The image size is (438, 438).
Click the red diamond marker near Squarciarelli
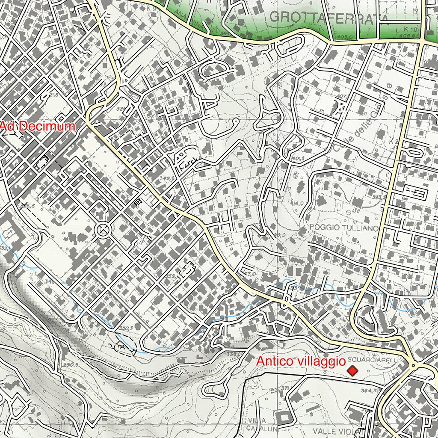pos(352,371)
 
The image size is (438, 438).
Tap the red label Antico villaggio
pos(301,361)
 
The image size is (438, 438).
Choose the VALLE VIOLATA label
pos(336,431)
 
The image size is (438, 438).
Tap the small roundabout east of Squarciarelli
pos(413,366)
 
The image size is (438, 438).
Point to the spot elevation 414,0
pos(297,204)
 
